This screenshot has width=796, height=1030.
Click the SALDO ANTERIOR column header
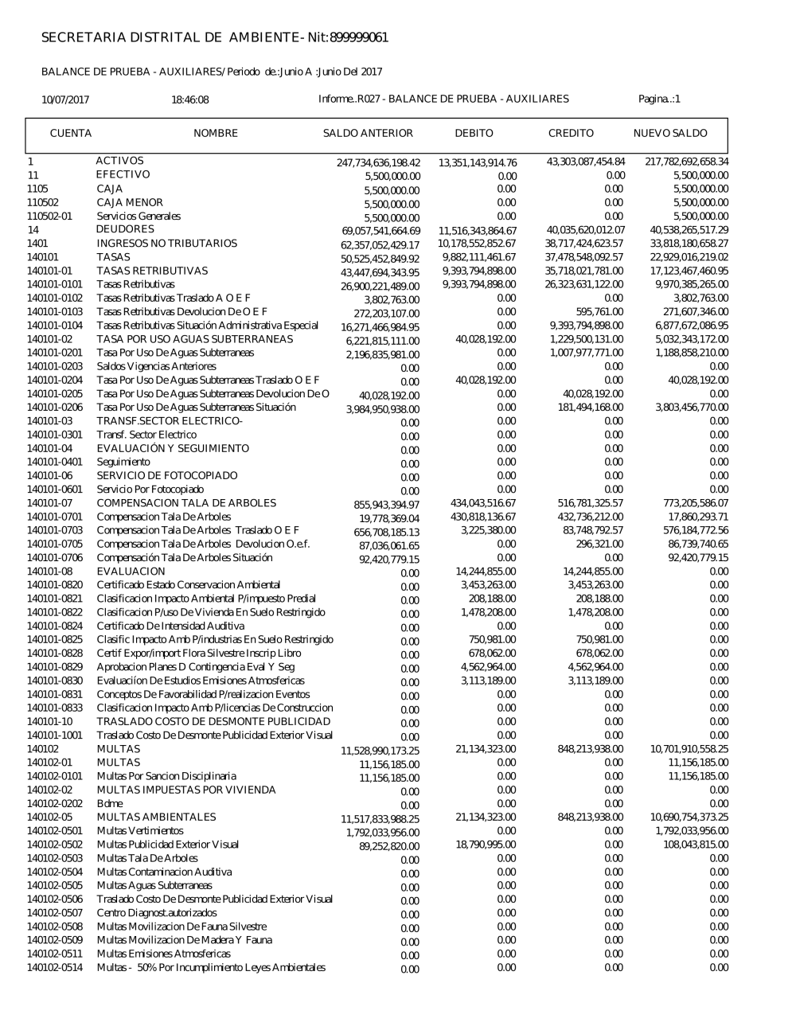(367, 134)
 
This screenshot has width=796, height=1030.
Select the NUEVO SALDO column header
(669, 134)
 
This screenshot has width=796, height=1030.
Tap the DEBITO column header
(474, 134)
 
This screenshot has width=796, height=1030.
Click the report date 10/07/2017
(65, 99)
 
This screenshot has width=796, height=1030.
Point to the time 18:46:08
(189, 99)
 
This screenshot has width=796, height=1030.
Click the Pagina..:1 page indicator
(659, 99)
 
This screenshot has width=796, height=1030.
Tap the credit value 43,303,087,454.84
(585, 162)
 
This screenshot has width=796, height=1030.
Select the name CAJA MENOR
(130, 202)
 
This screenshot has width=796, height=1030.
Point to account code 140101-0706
(54, 557)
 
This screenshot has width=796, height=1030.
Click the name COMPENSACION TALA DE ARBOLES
(186, 503)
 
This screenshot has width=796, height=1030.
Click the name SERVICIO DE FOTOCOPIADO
(167, 475)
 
